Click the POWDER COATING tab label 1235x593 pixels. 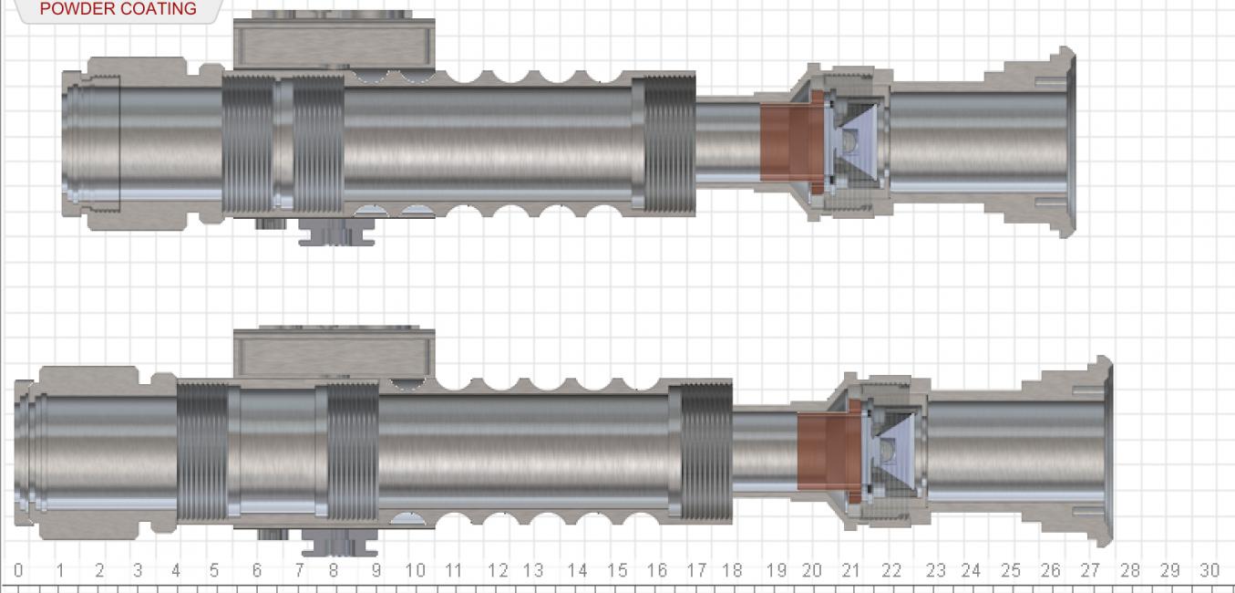(x=118, y=9)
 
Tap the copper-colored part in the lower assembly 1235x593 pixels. (x=823, y=452)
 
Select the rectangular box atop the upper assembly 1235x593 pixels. (x=334, y=41)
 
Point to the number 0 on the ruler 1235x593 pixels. (x=18, y=571)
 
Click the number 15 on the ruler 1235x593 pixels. (x=617, y=571)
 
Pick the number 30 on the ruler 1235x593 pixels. (x=1209, y=571)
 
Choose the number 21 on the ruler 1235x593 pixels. (x=850, y=571)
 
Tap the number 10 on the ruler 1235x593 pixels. (x=415, y=571)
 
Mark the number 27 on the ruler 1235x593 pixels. (x=1090, y=571)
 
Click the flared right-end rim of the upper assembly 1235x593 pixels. (x=1067, y=141)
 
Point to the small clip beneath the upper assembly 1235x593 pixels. (x=337, y=235)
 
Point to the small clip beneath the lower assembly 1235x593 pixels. (x=339, y=546)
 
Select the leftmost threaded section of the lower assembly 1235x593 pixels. (x=201, y=452)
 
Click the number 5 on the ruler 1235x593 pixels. (x=214, y=571)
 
